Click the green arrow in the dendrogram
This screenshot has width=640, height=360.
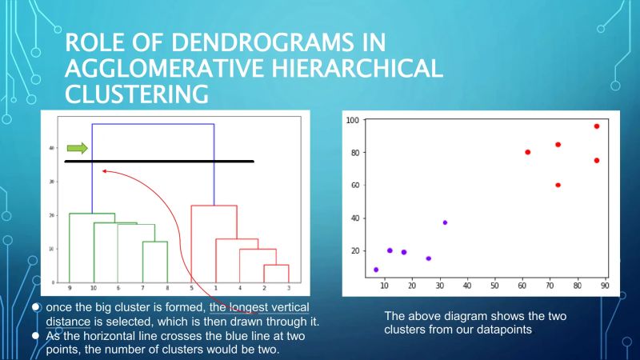[x=77, y=148]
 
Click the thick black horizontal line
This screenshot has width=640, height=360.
[x=159, y=162]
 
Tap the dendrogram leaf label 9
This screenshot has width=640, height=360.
[x=70, y=287]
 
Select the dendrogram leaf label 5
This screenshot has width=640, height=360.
[x=191, y=287]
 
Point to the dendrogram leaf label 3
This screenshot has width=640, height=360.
[x=288, y=287]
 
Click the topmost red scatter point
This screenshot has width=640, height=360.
[x=596, y=126]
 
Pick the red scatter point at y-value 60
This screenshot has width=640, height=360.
[x=558, y=185]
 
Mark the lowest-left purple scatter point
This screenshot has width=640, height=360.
[x=376, y=270]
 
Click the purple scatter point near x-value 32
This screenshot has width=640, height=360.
[x=445, y=222]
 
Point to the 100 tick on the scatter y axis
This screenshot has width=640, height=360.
[x=351, y=120]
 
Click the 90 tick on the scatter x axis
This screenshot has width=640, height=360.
[x=605, y=285]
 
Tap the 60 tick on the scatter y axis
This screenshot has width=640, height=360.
[x=354, y=186]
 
